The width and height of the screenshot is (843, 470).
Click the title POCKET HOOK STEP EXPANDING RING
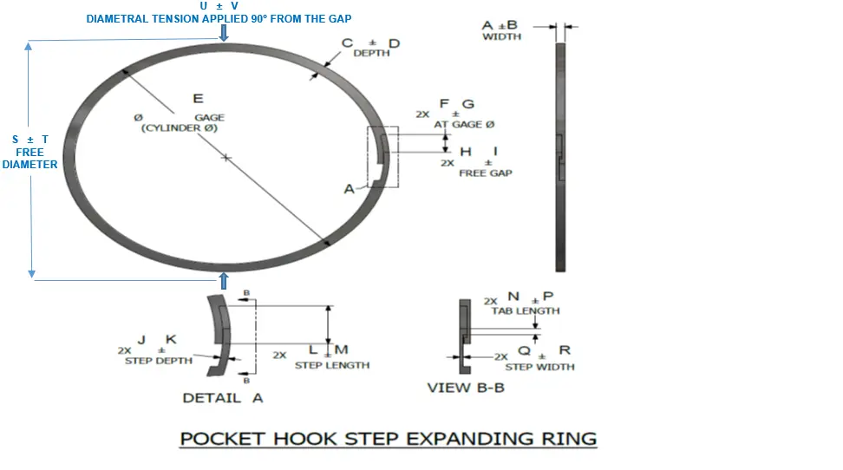click(x=388, y=438)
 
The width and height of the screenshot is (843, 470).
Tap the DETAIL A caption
click(x=222, y=398)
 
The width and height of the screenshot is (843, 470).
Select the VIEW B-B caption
click(x=466, y=388)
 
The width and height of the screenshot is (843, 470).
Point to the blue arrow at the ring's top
click(x=224, y=33)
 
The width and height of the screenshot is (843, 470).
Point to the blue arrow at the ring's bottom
click(x=224, y=280)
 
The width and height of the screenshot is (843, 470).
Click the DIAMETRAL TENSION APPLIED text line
click(x=219, y=19)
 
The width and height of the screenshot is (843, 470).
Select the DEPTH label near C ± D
click(x=371, y=54)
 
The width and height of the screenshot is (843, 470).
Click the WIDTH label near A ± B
click(x=501, y=36)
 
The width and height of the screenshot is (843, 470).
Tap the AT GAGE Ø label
click(x=464, y=125)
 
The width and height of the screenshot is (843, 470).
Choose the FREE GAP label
click(x=485, y=173)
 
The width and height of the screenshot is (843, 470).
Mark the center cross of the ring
click(x=225, y=158)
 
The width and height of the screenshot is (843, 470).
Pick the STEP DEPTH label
click(x=159, y=361)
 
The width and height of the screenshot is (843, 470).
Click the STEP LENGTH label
click(x=331, y=365)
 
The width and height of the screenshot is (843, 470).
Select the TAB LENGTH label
click(x=526, y=310)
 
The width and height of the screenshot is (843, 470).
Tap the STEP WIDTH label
click(x=539, y=367)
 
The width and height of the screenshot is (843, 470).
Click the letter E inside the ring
click(x=198, y=100)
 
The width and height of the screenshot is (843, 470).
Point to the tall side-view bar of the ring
click(x=559, y=156)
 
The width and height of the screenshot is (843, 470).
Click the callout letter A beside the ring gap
click(x=349, y=188)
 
